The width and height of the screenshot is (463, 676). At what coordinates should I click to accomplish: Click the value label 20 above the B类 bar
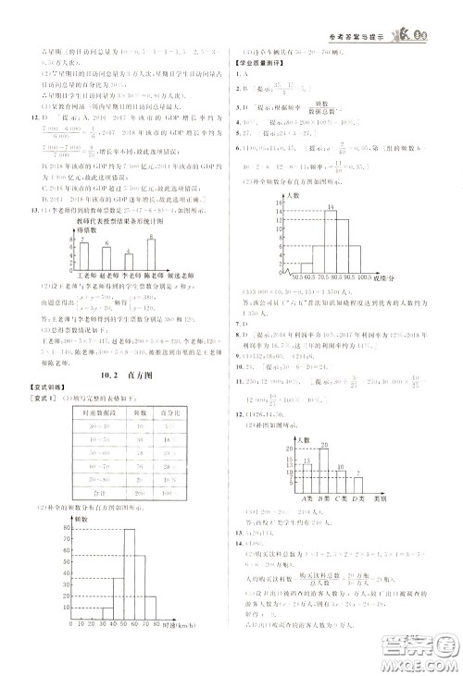[324, 445]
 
